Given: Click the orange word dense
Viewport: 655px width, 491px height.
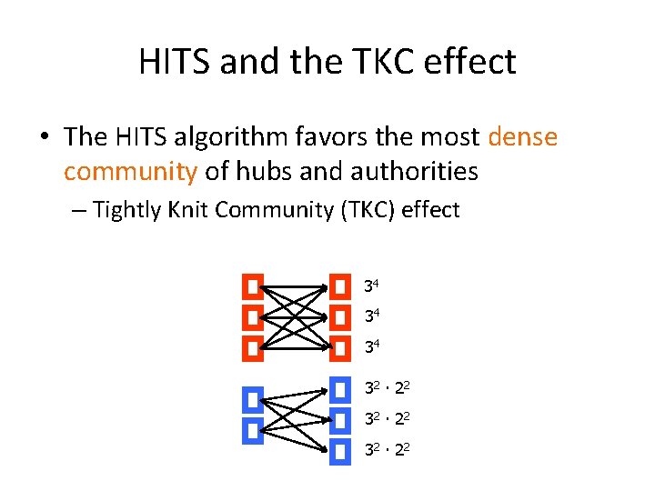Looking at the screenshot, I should point(522,137).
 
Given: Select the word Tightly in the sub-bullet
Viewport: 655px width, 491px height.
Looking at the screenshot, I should point(126,211).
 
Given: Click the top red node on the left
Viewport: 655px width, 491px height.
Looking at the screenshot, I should point(253,288).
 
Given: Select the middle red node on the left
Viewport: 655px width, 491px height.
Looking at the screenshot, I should point(253,318).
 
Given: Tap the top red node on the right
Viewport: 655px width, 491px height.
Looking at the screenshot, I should point(340,288).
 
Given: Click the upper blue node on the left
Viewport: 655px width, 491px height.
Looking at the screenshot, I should point(253,399).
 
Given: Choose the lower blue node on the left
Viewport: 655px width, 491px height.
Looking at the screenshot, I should point(253,430).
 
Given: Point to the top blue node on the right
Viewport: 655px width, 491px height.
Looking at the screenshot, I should point(340,390).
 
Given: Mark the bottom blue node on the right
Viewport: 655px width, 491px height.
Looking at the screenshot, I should point(340,450).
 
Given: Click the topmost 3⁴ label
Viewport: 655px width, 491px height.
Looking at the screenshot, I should point(371,287).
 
